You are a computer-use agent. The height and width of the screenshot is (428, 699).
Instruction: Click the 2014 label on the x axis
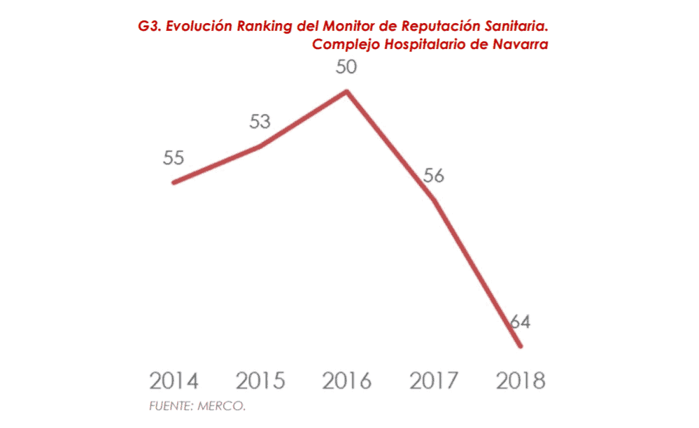point(174,381)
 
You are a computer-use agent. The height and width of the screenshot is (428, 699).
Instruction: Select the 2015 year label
point(260,381)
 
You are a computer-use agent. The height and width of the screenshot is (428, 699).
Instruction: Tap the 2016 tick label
point(347,381)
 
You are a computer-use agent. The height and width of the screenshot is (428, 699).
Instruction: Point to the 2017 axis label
point(434,381)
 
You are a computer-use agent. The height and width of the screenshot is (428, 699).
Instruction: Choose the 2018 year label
point(520,381)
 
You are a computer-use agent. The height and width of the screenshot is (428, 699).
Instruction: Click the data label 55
point(174,157)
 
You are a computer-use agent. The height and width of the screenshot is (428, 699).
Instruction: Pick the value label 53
point(260,122)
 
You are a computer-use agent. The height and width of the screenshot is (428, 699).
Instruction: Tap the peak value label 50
point(346,69)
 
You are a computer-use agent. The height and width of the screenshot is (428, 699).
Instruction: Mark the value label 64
point(520,322)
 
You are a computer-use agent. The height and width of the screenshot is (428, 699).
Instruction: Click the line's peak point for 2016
point(347,91)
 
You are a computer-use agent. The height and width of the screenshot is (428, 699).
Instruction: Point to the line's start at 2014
point(174,183)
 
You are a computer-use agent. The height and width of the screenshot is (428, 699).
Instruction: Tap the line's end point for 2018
point(520,345)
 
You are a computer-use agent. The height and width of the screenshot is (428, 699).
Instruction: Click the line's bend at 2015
point(260,147)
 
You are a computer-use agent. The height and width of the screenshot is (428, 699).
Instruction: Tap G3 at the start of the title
point(150,27)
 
